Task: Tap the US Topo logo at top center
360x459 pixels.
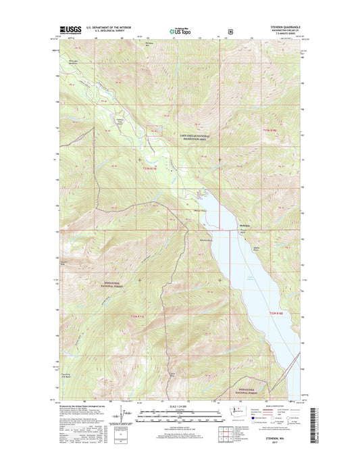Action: (176, 30)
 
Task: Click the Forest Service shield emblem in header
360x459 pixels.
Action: (231, 30)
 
